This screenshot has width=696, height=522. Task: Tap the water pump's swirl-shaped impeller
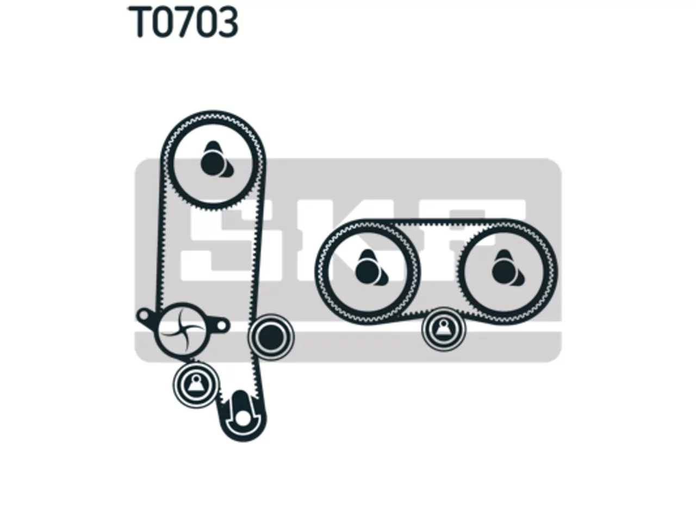coord(182,330)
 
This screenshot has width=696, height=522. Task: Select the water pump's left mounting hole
coord(144,315)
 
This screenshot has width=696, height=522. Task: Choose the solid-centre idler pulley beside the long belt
coord(271,337)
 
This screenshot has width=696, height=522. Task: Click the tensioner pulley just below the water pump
coord(196,385)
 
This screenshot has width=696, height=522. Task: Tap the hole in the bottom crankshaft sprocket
coord(243,419)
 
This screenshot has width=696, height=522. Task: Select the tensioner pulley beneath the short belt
coord(444,330)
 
